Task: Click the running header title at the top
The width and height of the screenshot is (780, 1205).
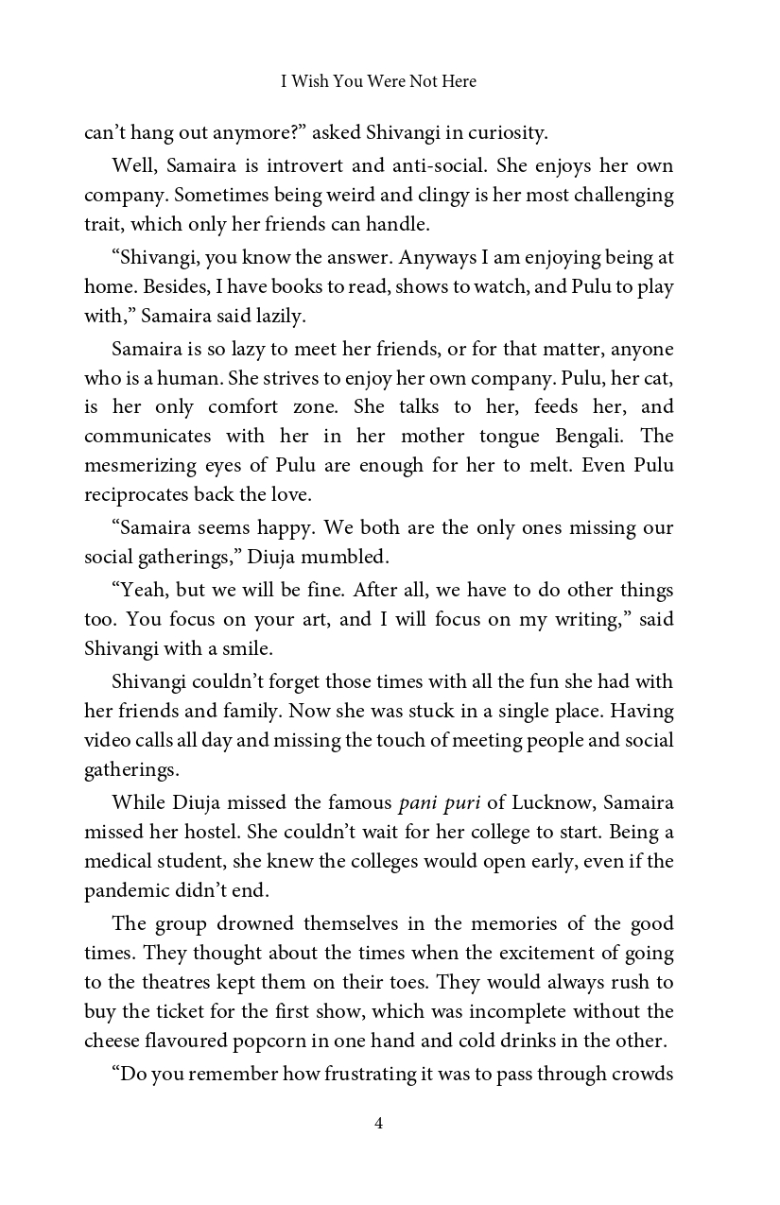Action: (378, 82)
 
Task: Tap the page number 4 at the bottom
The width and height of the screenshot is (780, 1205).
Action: (378, 1123)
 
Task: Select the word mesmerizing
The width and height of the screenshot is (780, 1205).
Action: (143, 466)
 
